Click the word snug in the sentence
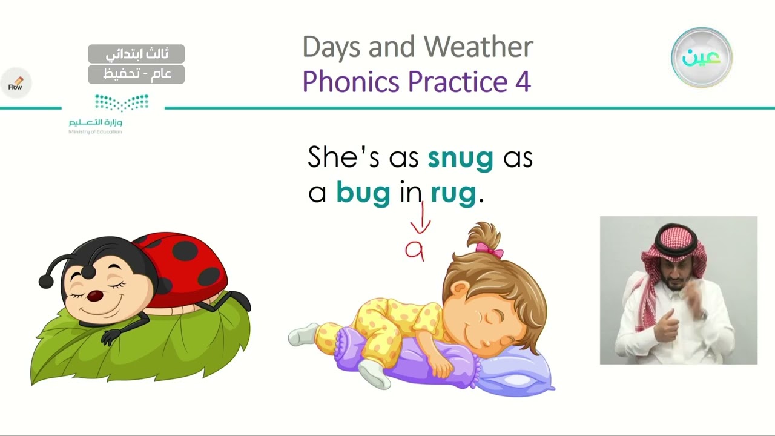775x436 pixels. (460, 158)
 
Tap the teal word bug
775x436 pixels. (363, 193)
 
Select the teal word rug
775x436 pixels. (453, 193)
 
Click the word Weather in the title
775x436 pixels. (478, 47)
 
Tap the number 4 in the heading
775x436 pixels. (523, 82)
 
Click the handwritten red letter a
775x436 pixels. (414, 250)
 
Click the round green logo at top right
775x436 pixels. (701, 58)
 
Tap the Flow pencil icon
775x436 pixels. (16, 83)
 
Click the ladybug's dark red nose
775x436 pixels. (95, 296)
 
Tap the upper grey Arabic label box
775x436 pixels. (136, 54)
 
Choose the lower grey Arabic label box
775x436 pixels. (136, 74)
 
